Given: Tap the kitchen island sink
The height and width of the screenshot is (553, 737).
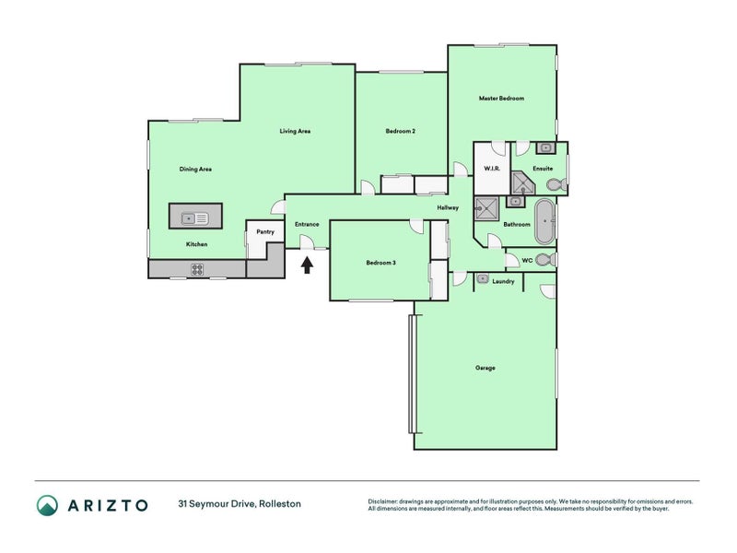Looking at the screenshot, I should click(195, 218).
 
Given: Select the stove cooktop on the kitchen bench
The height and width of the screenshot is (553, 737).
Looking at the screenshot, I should click(197, 269).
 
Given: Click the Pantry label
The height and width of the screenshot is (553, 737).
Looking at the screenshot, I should click(265, 232).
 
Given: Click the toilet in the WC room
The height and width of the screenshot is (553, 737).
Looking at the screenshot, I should click(544, 260).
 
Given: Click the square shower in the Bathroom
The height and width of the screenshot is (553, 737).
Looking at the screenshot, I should click(485, 210).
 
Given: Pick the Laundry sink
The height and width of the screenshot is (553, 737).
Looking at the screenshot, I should click(483, 277).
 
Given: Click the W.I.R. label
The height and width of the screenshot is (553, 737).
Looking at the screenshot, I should click(491, 169).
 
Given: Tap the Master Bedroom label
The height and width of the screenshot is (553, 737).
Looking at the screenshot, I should click(501, 98).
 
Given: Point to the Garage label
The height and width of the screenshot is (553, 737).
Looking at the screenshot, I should click(485, 368).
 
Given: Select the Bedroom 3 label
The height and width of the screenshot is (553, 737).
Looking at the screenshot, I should click(380, 263).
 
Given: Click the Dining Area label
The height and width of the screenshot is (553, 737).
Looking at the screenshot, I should click(196, 169).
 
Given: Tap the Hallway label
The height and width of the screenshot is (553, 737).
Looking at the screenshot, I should click(448, 207).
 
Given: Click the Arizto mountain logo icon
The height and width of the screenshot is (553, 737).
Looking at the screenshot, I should click(47, 504).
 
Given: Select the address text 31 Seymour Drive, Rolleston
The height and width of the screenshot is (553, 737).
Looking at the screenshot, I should click(240, 504).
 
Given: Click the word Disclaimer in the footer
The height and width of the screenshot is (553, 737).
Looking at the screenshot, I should click(385, 500).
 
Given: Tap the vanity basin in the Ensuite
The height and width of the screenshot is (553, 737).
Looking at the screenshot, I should click(544, 147).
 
